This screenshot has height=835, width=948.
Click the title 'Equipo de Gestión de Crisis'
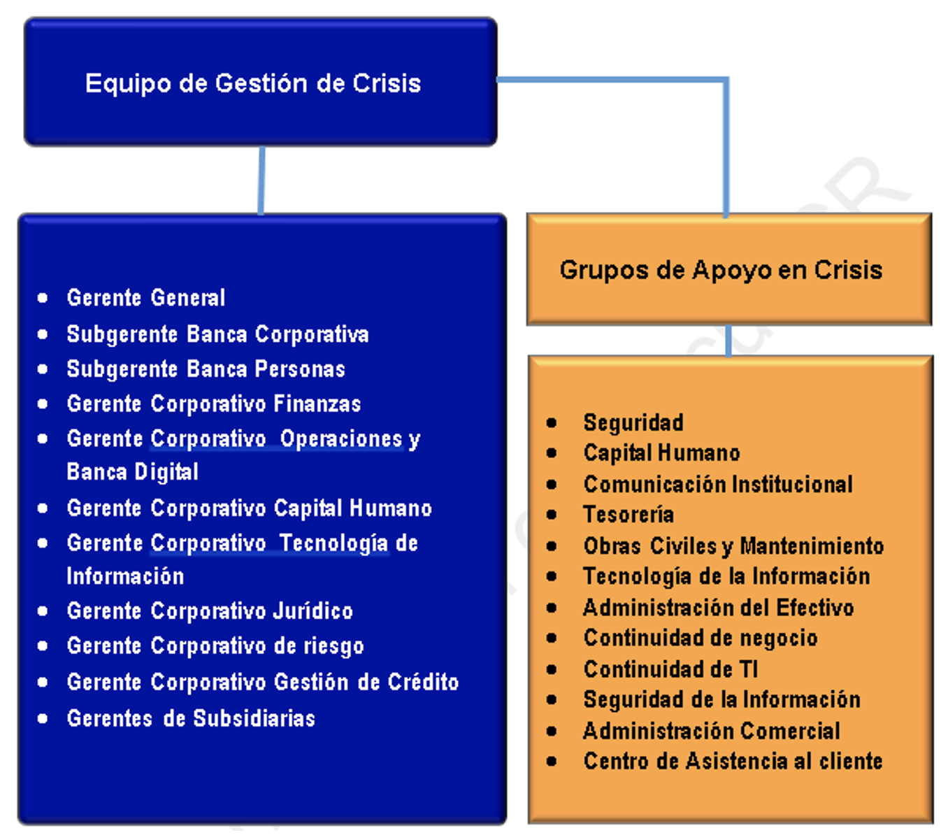pos(252,84)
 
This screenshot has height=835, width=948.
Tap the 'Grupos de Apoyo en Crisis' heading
pos(721,271)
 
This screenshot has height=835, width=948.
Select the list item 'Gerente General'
pos(146,298)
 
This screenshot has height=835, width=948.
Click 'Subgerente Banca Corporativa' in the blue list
pos(217,334)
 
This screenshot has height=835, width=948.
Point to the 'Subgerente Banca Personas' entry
pos(206,369)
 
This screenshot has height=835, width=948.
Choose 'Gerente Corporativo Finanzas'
pos(214,404)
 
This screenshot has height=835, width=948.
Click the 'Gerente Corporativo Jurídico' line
pos(210,611)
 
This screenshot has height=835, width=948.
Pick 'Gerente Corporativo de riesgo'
pos(215,646)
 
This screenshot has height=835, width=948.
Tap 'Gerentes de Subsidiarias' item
pos(191,718)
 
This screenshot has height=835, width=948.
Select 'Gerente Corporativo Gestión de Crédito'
pos(262,682)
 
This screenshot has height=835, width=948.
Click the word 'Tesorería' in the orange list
pos(629,515)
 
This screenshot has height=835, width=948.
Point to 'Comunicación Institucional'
pos(718,484)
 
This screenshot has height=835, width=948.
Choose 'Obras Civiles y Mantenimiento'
pos(733,546)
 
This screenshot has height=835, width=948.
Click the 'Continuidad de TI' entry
pos(670,669)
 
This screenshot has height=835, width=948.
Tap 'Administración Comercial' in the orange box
pos(711,731)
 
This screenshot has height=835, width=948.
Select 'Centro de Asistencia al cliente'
pos(733,761)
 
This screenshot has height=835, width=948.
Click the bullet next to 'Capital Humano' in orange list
pos(552,453)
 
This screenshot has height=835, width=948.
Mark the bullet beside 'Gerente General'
pos(43,298)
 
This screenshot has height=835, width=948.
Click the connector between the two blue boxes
pos(261,180)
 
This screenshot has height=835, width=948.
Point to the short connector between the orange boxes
pos(728,341)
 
